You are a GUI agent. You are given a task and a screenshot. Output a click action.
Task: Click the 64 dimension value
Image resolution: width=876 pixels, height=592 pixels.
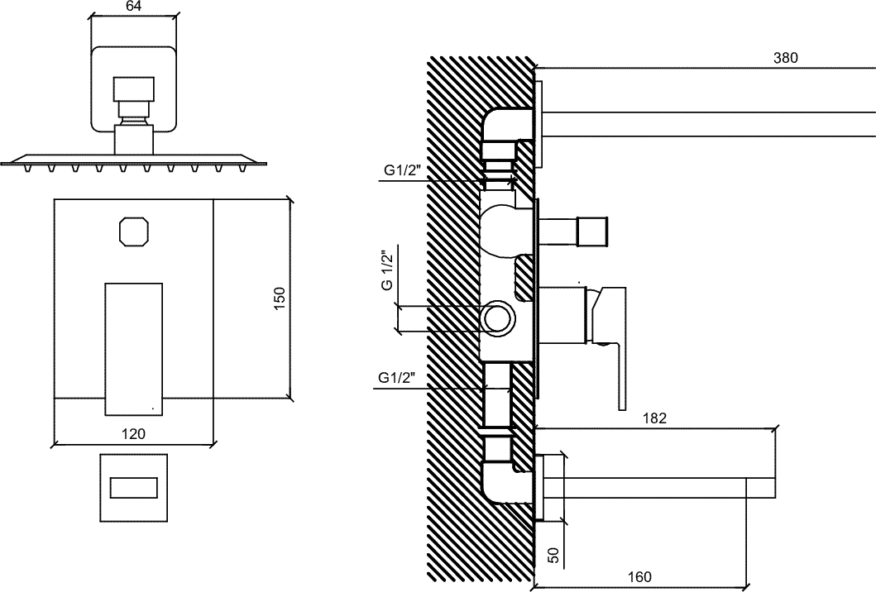pyautogui.click(x=134, y=6)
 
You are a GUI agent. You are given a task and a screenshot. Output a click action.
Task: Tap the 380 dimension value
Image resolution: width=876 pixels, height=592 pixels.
pyautogui.click(x=786, y=58)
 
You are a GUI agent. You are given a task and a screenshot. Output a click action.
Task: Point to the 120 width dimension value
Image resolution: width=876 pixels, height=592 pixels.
pyautogui.click(x=133, y=433)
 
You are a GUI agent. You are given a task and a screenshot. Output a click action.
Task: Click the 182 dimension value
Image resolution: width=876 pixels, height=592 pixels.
pyautogui.click(x=654, y=418)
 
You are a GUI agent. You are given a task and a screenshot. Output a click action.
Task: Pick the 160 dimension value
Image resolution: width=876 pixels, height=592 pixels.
pyautogui.click(x=639, y=576)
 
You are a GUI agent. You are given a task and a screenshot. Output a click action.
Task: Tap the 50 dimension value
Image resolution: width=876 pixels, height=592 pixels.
pyautogui.click(x=553, y=555)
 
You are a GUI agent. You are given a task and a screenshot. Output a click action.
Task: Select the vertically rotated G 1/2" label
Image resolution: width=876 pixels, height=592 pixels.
pyautogui.click(x=386, y=271)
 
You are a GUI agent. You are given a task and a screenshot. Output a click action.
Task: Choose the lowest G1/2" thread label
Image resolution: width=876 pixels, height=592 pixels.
pyautogui.click(x=397, y=378)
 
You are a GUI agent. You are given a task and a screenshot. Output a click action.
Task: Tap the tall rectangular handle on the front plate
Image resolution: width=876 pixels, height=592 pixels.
pyautogui.click(x=134, y=349)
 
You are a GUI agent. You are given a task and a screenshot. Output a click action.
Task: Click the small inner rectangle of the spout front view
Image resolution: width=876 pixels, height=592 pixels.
pyautogui.click(x=133, y=488)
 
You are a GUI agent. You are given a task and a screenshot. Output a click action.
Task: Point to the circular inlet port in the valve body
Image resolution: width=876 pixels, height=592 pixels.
pyautogui.click(x=495, y=319)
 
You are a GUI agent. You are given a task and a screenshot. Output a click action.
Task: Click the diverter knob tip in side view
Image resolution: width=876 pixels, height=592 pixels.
pyautogui.click(x=592, y=232)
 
